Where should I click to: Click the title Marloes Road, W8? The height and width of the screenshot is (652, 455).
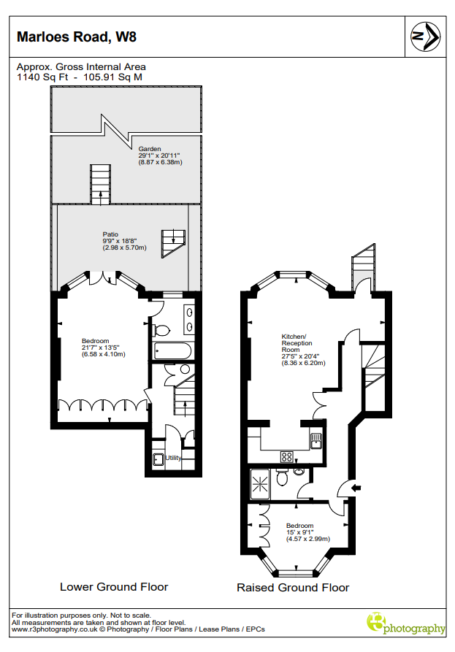coord(77,37)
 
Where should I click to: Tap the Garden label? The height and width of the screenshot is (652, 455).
coord(150,149)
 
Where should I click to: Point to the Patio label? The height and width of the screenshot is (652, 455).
coord(110,234)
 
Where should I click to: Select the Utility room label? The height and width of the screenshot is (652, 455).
coord(173,458)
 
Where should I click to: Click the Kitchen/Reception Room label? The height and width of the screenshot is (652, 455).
coord(297,343)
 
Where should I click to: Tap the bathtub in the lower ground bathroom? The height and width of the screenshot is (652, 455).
coord(172,351)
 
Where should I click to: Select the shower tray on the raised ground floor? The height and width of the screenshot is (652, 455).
coord(260,484)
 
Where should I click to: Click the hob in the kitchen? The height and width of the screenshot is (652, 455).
coord(286,456)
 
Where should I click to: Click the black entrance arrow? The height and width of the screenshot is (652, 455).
coord(356,488)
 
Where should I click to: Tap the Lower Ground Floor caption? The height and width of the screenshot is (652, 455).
coord(114,587)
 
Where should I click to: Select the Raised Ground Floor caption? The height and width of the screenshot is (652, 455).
coord(293,588)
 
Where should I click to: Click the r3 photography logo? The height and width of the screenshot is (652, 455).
coord(405,624)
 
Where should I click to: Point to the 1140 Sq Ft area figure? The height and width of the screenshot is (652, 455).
coord(42,77)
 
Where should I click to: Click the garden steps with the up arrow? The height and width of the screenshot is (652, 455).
coord(101,184)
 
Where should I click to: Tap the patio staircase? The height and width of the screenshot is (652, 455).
coord(173,243)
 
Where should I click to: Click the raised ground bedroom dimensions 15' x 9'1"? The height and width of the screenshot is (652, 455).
coord(300,532)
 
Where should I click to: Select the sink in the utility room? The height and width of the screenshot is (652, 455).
coord(158,459)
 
